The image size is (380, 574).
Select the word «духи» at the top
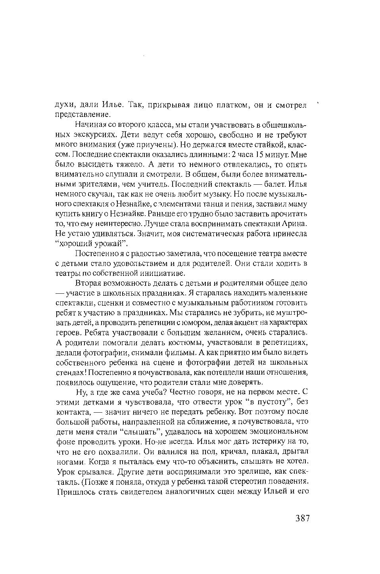point(64,105)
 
